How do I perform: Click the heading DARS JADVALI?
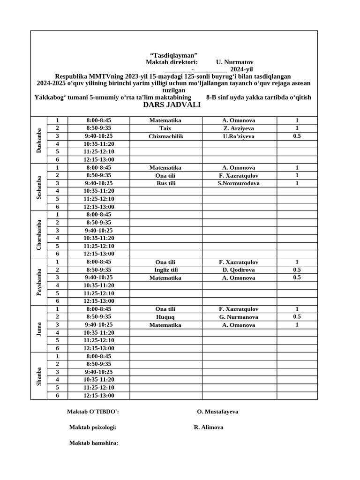(x=172, y=105)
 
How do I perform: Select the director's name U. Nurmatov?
(x=234, y=62)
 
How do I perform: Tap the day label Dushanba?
(x=39, y=140)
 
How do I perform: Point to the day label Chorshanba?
(x=39, y=234)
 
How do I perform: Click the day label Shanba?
(x=39, y=376)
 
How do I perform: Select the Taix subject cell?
(x=165, y=128)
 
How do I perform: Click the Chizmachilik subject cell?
(x=165, y=136)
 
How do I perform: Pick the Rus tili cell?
(x=165, y=183)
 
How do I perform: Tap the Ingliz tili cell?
(x=165, y=270)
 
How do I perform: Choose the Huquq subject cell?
(x=165, y=317)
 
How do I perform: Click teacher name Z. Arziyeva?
(x=239, y=128)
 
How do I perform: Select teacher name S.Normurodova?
(x=239, y=183)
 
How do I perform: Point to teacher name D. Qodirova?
(x=239, y=270)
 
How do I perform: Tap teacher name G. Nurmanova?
(x=239, y=317)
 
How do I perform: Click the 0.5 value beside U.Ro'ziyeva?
(x=297, y=136)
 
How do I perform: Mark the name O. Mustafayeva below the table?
(x=217, y=412)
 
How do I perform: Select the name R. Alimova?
(x=208, y=427)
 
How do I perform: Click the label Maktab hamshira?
(x=94, y=443)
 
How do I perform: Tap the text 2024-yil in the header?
(x=241, y=69)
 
